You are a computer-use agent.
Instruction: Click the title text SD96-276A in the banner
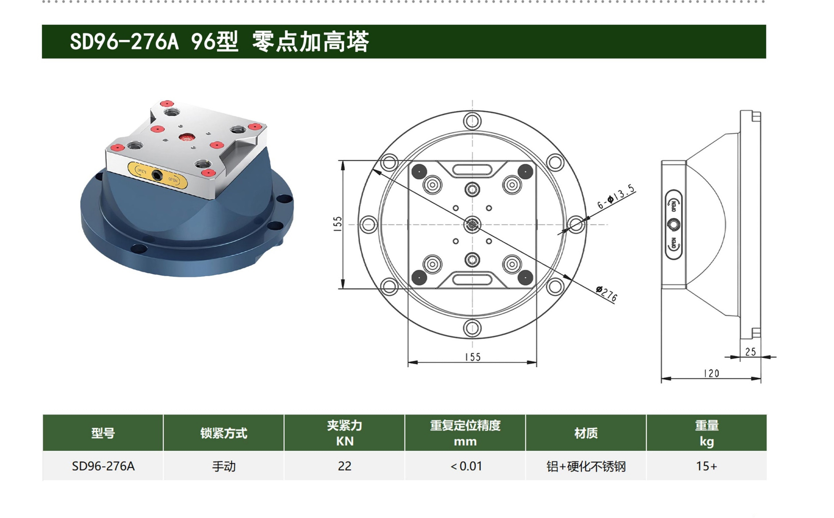(x=124, y=42)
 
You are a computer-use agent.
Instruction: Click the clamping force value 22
(x=344, y=466)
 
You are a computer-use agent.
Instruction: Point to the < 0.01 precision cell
(x=466, y=466)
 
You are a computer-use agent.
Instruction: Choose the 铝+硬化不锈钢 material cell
(x=586, y=467)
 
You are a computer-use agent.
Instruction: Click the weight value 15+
(x=706, y=466)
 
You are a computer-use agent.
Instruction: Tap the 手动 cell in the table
(x=224, y=467)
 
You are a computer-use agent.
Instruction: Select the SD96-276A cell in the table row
(x=103, y=466)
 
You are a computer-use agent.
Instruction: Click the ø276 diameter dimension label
(x=606, y=294)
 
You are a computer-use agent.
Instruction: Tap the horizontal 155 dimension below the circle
(x=473, y=357)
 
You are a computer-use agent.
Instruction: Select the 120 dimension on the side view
(x=712, y=373)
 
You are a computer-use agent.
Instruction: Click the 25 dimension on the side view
(x=750, y=352)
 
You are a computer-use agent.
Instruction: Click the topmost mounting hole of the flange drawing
(x=472, y=121)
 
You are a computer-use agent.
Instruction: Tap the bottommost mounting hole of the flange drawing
(x=472, y=328)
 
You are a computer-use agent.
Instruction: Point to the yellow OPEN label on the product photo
(x=158, y=175)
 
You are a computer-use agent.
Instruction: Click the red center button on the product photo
(x=187, y=138)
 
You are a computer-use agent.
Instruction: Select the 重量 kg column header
(x=706, y=433)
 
